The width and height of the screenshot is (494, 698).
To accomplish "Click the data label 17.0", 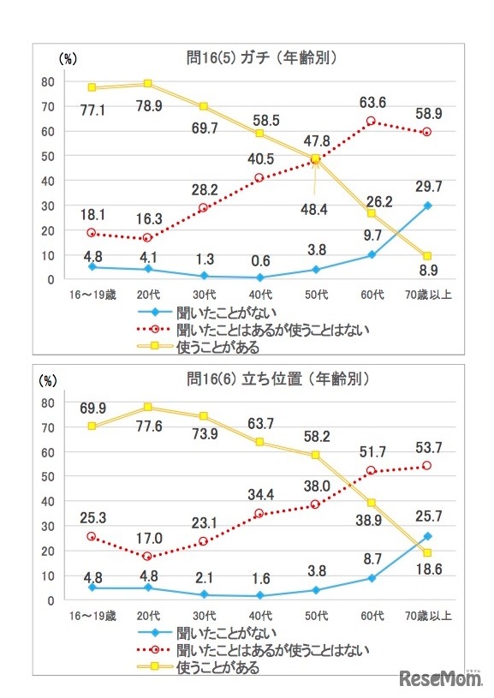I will [x=150, y=540].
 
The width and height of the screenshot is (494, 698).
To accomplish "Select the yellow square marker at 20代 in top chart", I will [x=147, y=84].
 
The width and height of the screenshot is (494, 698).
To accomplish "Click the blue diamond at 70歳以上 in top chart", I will [x=426, y=206].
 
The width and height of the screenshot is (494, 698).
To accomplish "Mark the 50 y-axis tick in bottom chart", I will [x=48, y=476].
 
